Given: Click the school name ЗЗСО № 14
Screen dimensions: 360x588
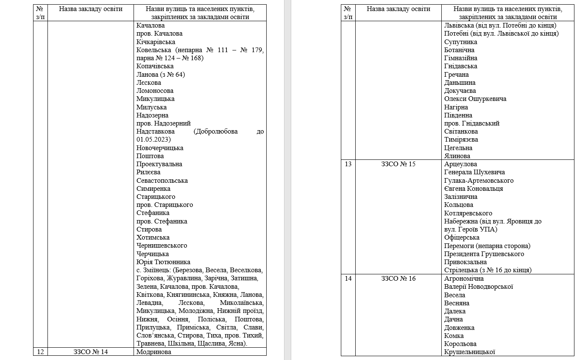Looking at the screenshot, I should click(x=91, y=352).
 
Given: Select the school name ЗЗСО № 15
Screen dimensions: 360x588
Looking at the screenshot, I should click(x=398, y=164).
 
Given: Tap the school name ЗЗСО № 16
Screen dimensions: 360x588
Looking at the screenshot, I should click(x=398, y=279).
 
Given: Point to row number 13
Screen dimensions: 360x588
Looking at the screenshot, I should click(x=348, y=164).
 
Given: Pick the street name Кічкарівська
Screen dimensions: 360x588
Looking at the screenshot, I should click(x=156, y=42).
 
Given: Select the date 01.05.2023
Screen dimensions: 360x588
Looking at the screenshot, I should click(x=153, y=140).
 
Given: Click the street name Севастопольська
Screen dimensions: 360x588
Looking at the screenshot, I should click(x=162, y=181).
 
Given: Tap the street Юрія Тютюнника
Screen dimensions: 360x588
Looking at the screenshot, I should click(x=163, y=262).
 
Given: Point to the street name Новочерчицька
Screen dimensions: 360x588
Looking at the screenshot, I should click(x=160, y=148).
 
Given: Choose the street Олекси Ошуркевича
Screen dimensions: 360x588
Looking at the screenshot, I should click(x=475, y=99).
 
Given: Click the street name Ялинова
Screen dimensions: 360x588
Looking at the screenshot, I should click(x=457, y=156).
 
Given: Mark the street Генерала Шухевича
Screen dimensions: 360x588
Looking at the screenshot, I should click(x=474, y=172).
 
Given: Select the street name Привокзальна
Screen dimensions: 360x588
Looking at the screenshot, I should click(x=465, y=262).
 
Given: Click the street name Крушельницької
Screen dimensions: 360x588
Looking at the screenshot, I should click(x=470, y=352).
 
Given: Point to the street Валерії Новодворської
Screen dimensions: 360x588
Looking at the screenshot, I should click(x=479, y=287).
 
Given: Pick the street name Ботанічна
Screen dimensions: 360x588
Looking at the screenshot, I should click(x=459, y=50).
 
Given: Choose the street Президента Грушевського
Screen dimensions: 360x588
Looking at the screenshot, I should click(x=484, y=254).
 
